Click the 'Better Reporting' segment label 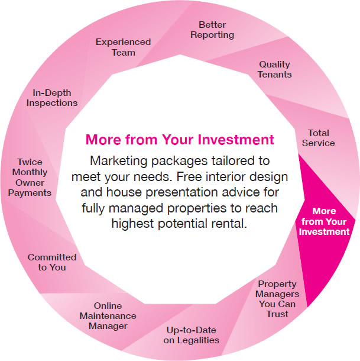tap(212, 30)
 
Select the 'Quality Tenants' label tap(274, 69)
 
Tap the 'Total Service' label tap(319, 138)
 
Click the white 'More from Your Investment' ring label tap(324, 221)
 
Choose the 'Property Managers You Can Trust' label tap(277, 299)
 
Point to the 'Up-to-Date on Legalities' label tap(191, 335)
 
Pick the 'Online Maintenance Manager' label tap(108, 315)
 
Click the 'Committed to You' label tap(52, 262)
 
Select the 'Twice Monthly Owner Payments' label tap(30, 178)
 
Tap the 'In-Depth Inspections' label tap(52, 98)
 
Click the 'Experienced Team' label tap(124, 47)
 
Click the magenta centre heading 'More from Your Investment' tap(180, 140)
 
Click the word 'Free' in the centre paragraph tap(189, 176)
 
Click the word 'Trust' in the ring tap(277, 314)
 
